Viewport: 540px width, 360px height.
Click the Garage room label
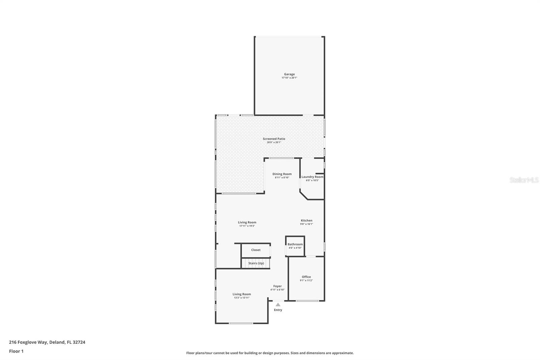click(x=289, y=74)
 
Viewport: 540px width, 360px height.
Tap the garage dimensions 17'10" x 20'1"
click(x=289, y=78)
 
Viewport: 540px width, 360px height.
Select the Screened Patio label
click(x=274, y=139)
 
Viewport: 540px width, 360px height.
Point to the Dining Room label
click(x=282, y=174)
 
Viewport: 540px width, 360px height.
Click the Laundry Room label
click(x=312, y=177)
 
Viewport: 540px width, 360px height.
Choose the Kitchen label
click(x=306, y=221)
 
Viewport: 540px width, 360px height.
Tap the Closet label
click(x=255, y=250)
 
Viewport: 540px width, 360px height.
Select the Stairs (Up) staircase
click(x=256, y=263)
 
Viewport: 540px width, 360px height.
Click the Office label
click(x=306, y=277)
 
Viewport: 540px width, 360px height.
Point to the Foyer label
click(x=277, y=286)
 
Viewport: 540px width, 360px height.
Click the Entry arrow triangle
click(x=278, y=305)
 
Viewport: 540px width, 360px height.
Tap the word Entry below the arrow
click(x=278, y=310)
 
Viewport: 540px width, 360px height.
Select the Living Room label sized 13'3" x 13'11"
click(x=242, y=294)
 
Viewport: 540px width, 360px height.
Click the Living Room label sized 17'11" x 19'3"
click(x=247, y=222)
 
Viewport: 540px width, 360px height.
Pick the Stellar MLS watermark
click(x=524, y=180)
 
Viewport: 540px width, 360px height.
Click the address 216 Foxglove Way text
click(x=47, y=342)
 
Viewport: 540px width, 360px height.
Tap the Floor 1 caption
click(x=16, y=351)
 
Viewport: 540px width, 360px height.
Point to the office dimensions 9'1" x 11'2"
click(x=306, y=281)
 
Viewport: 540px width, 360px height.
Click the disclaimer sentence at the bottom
click(x=270, y=353)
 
